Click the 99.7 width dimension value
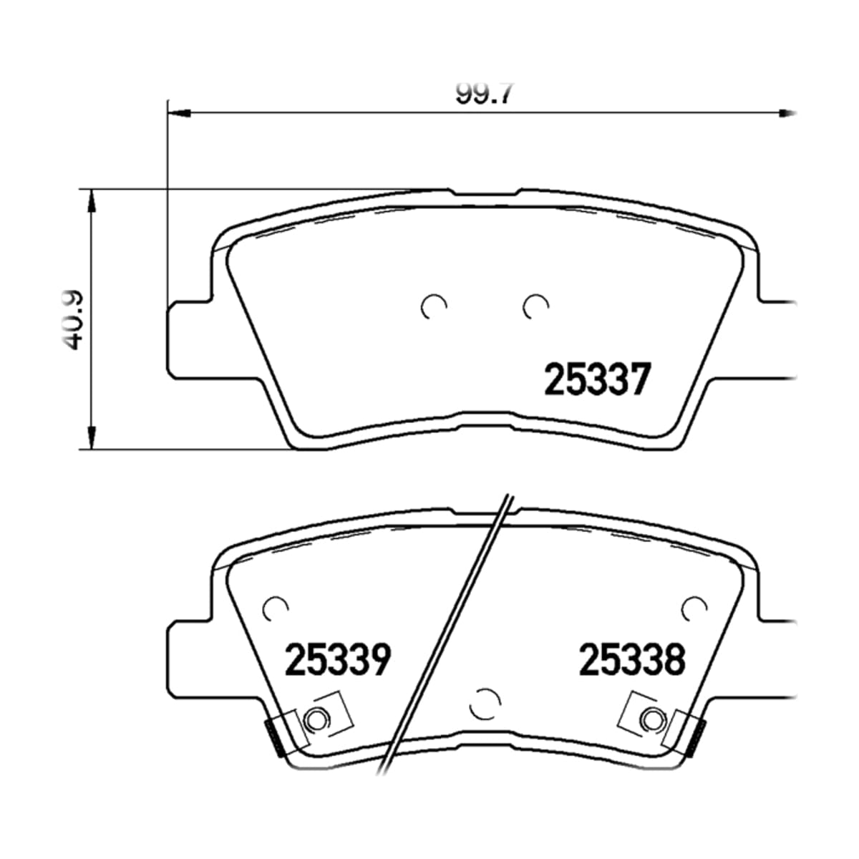pyautogui.click(x=485, y=93)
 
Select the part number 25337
pyautogui.click(x=598, y=379)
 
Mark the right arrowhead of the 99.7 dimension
pyautogui.click(x=787, y=114)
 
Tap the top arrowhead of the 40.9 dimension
pyautogui.click(x=92, y=201)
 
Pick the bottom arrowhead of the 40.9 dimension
pyautogui.click(x=92, y=437)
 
